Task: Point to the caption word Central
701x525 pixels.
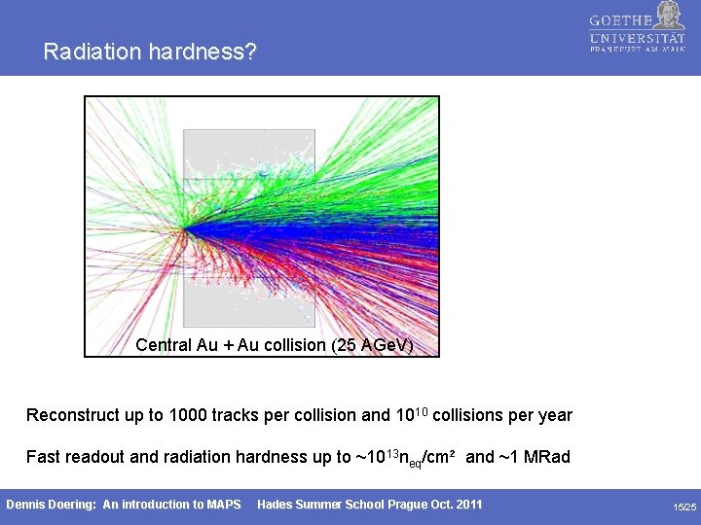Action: (x=164, y=345)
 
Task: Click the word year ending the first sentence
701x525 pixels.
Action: (x=554, y=416)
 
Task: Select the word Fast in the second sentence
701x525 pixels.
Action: (x=44, y=457)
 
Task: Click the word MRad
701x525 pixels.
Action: (x=546, y=457)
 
